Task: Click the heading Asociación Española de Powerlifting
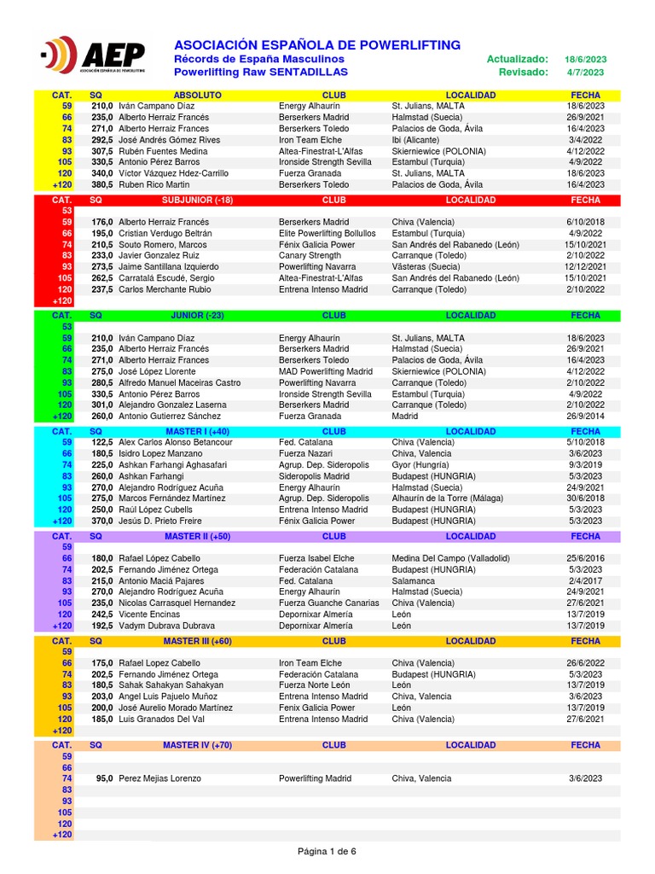tap(317, 44)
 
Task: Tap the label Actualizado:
tap(517, 59)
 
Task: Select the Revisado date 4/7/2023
tap(585, 73)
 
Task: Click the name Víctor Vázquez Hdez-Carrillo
tap(173, 173)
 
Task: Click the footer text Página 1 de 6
tap(327, 851)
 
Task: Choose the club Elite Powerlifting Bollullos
tap(327, 234)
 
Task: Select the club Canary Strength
tap(310, 256)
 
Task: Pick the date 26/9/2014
tap(585, 417)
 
